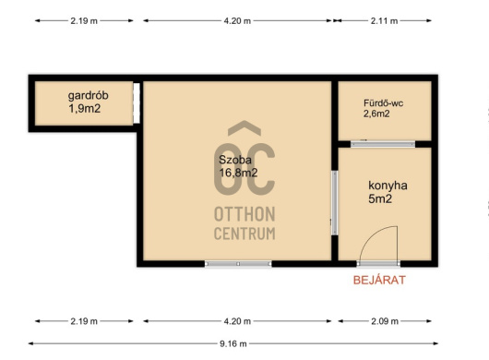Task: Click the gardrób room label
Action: pyautogui.click(x=89, y=95)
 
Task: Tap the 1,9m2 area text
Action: pyautogui.click(x=85, y=109)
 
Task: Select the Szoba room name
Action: pyautogui.click(x=235, y=160)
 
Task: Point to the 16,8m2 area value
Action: pyautogui.click(x=238, y=173)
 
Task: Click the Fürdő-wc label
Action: pyautogui.click(x=383, y=103)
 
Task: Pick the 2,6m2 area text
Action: pyautogui.click(x=376, y=114)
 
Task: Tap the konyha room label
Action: pyautogui.click(x=388, y=186)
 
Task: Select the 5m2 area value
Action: pyautogui.click(x=380, y=198)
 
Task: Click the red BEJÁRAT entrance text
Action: pyautogui.click(x=379, y=280)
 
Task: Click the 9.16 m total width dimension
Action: pyautogui.click(x=233, y=343)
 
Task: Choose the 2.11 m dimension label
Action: pyautogui.click(x=384, y=21)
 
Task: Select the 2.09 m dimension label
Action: pyautogui.click(x=385, y=321)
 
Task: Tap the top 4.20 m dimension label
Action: pyautogui.click(x=237, y=21)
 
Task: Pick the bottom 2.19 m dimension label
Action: pyautogui.click(x=84, y=321)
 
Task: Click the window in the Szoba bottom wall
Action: pyautogui.click(x=238, y=264)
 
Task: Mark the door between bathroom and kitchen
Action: pyautogui.click(x=383, y=144)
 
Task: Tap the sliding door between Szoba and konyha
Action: pyautogui.click(x=334, y=203)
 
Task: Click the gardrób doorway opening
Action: pyautogui.click(x=137, y=103)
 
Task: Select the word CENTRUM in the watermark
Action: pyautogui.click(x=244, y=234)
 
